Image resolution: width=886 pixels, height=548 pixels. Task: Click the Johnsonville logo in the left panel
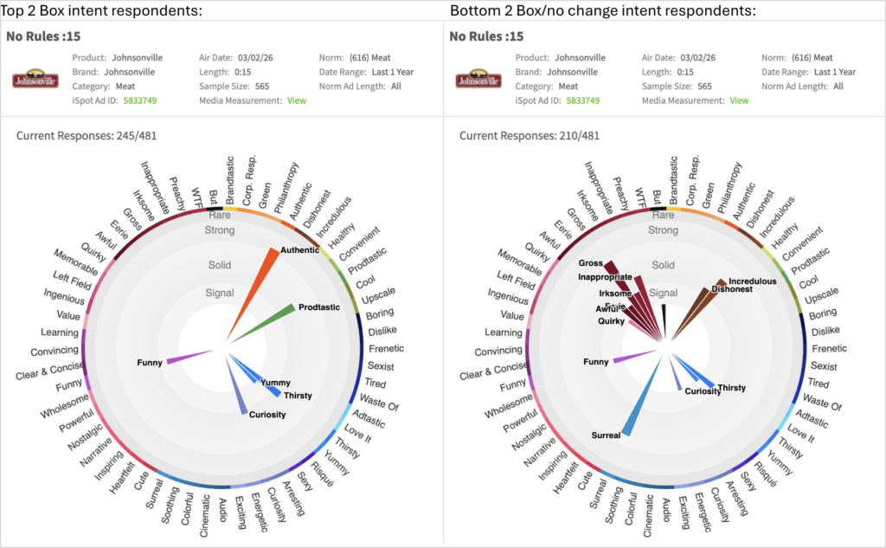click(x=35, y=80)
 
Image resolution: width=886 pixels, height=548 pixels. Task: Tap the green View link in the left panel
click(x=297, y=100)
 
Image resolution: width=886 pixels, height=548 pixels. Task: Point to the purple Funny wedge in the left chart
click(x=187, y=357)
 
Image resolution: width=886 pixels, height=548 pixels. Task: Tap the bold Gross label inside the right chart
click(x=590, y=262)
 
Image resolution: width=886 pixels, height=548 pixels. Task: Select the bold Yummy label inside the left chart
click(x=275, y=383)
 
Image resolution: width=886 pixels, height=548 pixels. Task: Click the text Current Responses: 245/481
click(x=87, y=136)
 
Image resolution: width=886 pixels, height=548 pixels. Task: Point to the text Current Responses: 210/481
click(x=530, y=136)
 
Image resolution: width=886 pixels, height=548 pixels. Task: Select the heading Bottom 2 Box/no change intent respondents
click(x=603, y=10)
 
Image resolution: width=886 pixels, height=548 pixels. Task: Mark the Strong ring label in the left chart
click(x=220, y=230)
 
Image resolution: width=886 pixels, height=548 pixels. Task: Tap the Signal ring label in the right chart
click(x=663, y=293)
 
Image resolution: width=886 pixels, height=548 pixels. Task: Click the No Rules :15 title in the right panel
click(x=486, y=36)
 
